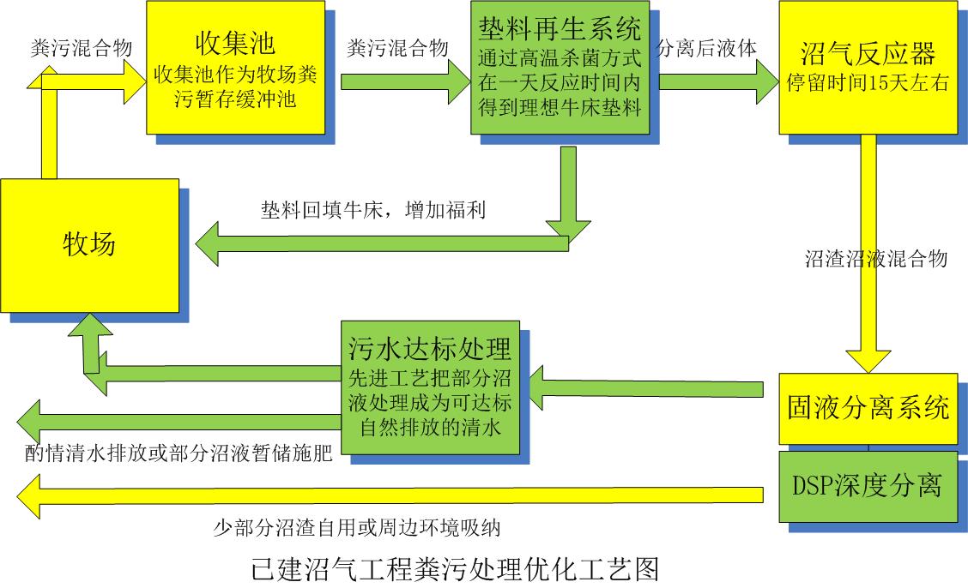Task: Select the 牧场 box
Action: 89,244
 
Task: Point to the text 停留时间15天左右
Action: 867,83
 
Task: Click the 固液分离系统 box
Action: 868,408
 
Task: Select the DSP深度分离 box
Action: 868,486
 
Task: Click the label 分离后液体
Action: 708,48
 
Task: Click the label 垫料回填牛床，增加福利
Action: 373,210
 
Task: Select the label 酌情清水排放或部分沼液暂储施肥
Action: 178,454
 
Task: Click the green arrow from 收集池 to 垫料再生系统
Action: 405,81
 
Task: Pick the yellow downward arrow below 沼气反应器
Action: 868,257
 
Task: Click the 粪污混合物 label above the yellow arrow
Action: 81,48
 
